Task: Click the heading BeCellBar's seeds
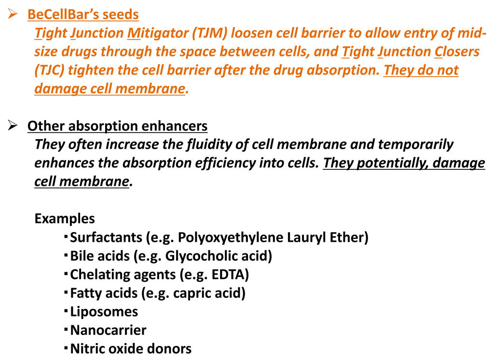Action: click(x=83, y=14)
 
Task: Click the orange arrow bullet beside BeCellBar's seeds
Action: click(x=13, y=14)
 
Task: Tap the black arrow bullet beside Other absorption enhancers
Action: click(x=13, y=125)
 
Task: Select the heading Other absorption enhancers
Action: click(x=117, y=126)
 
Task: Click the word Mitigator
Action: click(x=158, y=33)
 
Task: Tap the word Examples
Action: click(x=65, y=219)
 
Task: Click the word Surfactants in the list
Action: click(x=106, y=237)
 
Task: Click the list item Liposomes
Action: click(x=104, y=312)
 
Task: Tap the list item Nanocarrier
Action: click(x=108, y=330)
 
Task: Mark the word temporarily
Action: click(x=415, y=144)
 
